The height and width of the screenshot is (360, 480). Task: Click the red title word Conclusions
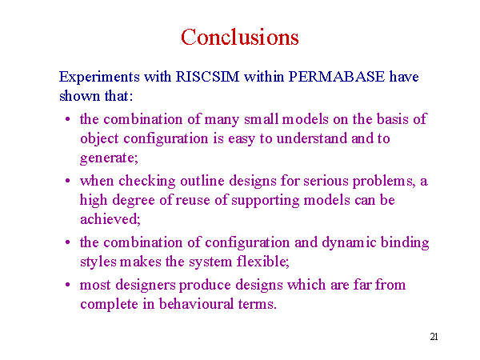pos(240,37)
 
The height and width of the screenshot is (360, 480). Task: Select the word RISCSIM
pos(207,77)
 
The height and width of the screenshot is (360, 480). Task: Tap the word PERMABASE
pos(337,77)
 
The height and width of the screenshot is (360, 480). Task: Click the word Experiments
pos(99,77)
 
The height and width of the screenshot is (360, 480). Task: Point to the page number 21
pos(434,337)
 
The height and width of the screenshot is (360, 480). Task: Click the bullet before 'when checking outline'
pos(68,181)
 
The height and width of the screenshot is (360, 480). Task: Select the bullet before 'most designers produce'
pos(68,285)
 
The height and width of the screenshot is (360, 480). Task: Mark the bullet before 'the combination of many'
pos(68,118)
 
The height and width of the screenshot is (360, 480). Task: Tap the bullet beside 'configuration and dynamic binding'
pos(68,242)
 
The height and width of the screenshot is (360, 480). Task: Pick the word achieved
pos(109,219)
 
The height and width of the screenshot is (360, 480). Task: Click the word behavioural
pos(196,304)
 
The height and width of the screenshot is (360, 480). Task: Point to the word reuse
pos(193,201)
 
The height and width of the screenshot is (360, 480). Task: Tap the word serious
pos(326,181)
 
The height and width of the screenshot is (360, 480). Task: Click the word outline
pos(202,181)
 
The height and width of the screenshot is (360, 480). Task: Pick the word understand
pos(312,138)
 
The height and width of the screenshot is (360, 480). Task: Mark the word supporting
pos(265,201)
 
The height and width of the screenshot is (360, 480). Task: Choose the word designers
pos(146,286)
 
